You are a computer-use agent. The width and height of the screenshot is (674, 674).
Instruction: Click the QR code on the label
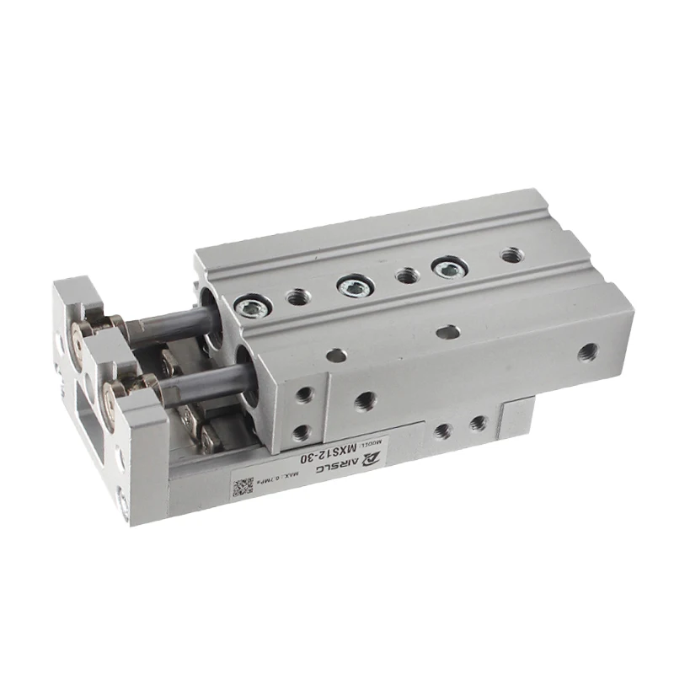pos(243,486)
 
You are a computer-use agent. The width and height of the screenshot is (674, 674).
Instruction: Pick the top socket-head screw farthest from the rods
pos(443,268)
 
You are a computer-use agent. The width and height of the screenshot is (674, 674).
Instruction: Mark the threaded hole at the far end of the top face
pos(510,254)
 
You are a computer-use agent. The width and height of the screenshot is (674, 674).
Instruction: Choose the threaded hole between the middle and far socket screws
pos(406,275)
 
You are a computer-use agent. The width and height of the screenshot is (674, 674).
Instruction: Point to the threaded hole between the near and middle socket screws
pos(297,296)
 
